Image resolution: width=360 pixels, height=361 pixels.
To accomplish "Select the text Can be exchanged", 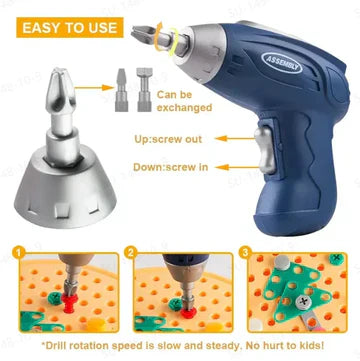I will (x=159, y=103).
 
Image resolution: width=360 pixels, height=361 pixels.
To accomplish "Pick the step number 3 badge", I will (x=244, y=255).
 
